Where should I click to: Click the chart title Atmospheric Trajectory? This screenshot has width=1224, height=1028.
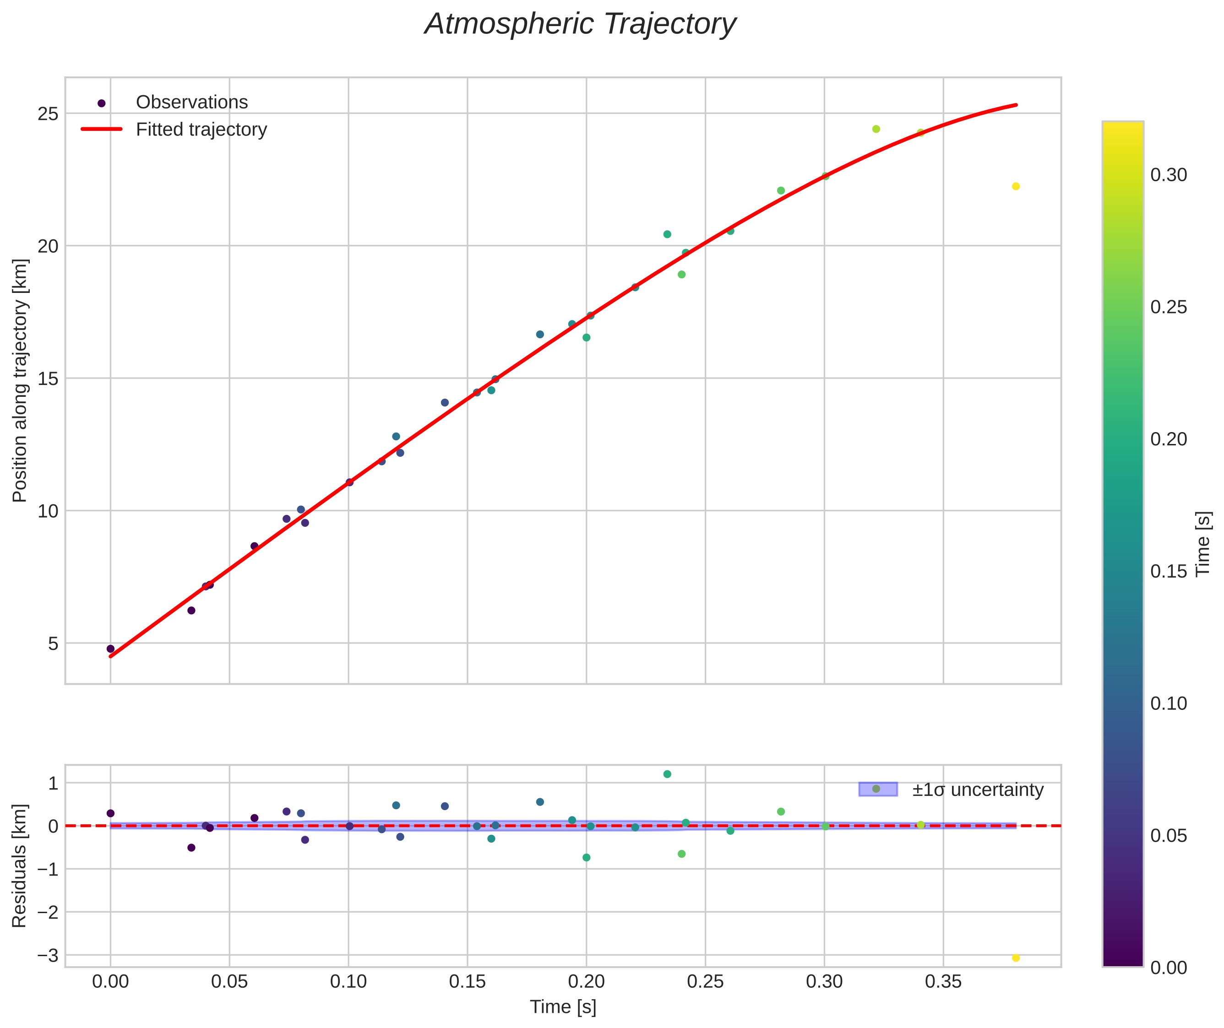point(580,24)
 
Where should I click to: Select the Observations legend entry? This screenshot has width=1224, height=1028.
point(191,103)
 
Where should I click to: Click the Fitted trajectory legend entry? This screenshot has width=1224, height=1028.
point(201,130)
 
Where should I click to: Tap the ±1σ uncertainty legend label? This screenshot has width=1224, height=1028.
point(977,790)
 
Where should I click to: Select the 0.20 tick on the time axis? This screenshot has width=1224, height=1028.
point(586,982)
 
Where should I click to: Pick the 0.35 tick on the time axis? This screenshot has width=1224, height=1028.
point(943,982)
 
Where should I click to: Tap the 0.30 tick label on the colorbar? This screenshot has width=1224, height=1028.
point(1169,175)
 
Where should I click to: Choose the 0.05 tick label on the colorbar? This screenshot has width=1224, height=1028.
point(1169,836)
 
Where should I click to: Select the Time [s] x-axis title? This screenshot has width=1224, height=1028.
point(563,1007)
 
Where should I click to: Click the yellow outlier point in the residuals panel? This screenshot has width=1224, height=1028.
point(1016,958)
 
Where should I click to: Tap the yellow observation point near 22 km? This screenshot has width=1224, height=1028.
point(1016,186)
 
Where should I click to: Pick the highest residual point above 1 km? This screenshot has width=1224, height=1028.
point(667,774)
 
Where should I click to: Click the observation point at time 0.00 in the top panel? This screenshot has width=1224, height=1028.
point(111,649)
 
